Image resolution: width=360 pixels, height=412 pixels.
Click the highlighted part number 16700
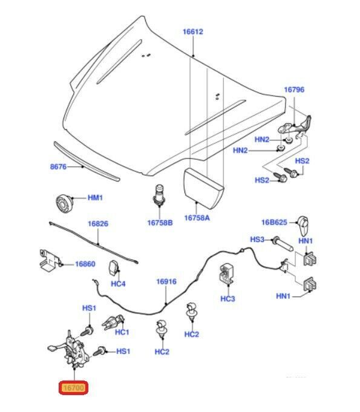[74, 388]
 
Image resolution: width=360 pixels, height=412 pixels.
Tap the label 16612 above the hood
[193, 32]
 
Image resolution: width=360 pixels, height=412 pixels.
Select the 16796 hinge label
[294, 90]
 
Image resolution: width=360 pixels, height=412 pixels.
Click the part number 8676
[58, 166]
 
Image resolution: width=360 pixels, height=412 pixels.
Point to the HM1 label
[95, 198]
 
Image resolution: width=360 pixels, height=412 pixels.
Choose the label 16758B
[160, 223]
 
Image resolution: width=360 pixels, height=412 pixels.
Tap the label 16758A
[197, 218]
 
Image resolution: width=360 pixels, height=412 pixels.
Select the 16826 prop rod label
[98, 224]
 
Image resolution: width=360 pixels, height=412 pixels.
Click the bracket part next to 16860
[50, 260]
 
